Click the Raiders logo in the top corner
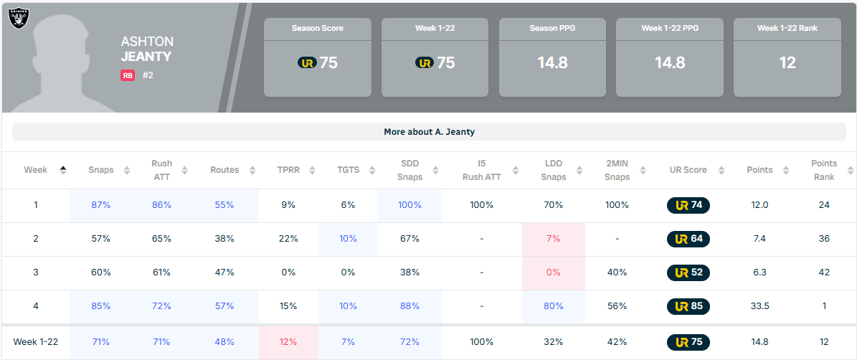click(18, 17)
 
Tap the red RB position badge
click(128, 75)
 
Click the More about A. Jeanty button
click(429, 132)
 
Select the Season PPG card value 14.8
click(552, 62)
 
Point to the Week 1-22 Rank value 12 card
click(787, 62)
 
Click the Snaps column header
click(101, 170)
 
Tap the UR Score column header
click(688, 170)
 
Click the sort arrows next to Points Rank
click(850, 170)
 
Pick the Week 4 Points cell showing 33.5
click(759, 306)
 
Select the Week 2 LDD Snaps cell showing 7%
click(554, 239)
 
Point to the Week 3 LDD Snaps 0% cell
click(554, 273)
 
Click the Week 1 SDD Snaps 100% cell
click(409, 205)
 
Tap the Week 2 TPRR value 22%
click(288, 239)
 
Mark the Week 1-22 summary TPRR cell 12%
click(288, 342)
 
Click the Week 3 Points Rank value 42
click(824, 273)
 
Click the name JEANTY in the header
click(146, 57)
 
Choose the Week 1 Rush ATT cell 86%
click(161, 205)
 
